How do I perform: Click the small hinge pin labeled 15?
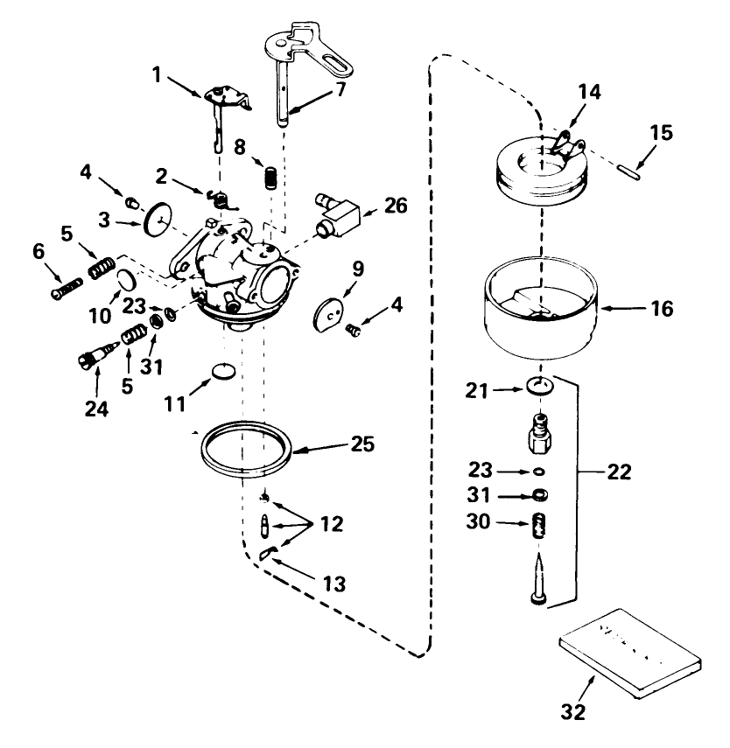click(633, 167)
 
